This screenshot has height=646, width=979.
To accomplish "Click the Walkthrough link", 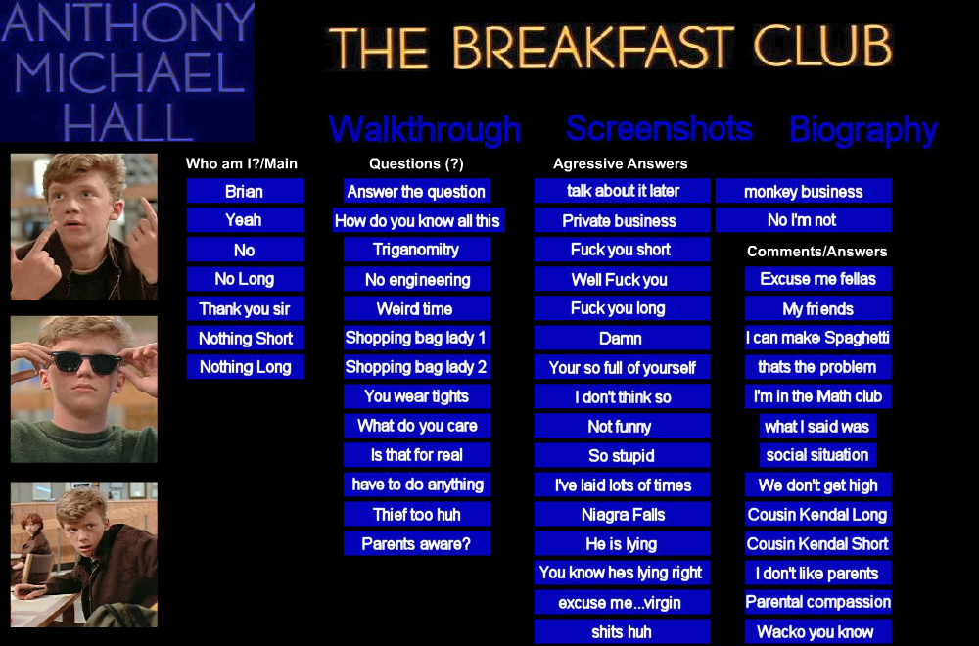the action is click(425, 129).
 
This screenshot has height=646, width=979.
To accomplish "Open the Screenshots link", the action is click(659, 128).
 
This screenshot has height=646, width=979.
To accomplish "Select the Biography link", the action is click(863, 130).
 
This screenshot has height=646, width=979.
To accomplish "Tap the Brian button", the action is click(246, 191).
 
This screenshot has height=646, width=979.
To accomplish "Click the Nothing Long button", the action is click(246, 367).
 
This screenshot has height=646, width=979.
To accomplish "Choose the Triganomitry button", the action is click(416, 250).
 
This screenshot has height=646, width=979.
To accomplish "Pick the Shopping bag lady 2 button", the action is click(416, 367).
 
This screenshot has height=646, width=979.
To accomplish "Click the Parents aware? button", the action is click(416, 543).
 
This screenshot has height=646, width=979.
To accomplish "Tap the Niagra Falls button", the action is click(622, 514).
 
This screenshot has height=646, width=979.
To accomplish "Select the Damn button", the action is click(622, 338).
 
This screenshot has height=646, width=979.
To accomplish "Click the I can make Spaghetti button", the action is click(817, 338).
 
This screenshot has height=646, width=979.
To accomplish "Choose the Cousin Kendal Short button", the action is click(817, 543).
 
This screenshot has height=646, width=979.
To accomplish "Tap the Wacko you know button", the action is click(817, 631).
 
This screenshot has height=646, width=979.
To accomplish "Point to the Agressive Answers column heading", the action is click(620, 164).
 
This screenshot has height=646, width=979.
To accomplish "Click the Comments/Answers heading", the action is click(816, 252).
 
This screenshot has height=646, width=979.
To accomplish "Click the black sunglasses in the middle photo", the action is click(86, 362).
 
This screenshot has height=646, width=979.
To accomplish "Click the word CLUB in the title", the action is click(823, 46).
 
